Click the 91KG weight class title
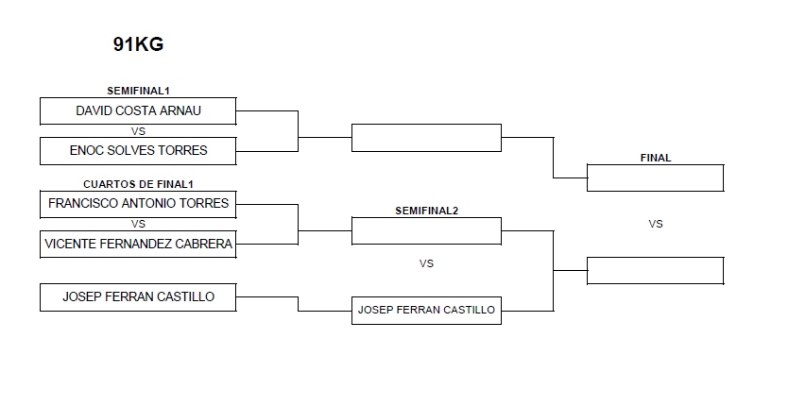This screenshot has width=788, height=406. pyautogui.click(x=138, y=44)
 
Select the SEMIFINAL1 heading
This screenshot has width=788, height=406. pyautogui.click(x=138, y=91)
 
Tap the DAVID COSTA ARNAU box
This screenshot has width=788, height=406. pyautogui.click(x=138, y=110)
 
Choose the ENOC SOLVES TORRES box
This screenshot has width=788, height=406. pyautogui.click(x=138, y=150)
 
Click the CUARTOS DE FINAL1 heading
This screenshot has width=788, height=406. pyautogui.click(x=138, y=183)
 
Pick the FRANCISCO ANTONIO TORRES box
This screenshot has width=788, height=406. pyautogui.click(x=138, y=203)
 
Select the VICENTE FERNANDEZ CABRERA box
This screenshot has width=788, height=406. pyautogui.click(x=138, y=244)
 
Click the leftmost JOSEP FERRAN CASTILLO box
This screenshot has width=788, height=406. pyautogui.click(x=138, y=296)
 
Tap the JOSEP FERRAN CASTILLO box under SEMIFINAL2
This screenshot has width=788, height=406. pyautogui.click(x=426, y=310)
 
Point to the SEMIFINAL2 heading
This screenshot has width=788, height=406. pyautogui.click(x=426, y=210)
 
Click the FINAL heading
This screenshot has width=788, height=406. pyautogui.click(x=655, y=158)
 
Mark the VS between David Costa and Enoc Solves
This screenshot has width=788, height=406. pyautogui.click(x=138, y=131)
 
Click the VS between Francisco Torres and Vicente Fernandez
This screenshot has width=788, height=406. pyautogui.click(x=138, y=224)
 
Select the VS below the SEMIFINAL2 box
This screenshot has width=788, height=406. pyautogui.click(x=426, y=263)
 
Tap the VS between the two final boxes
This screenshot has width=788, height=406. pyautogui.click(x=655, y=224)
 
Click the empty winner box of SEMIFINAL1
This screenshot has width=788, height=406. pyautogui.click(x=426, y=137)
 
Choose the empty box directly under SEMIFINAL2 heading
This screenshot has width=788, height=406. pyautogui.click(x=426, y=230)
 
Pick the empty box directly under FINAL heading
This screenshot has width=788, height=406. pyautogui.click(x=655, y=178)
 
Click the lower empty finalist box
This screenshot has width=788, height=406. pyautogui.click(x=655, y=270)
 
